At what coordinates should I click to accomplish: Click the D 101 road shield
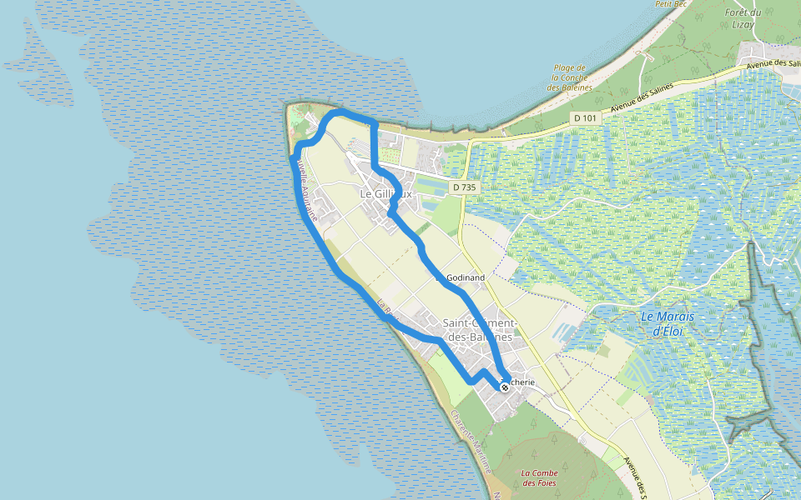tap(586, 118)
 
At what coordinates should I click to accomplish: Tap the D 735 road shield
tap(464, 187)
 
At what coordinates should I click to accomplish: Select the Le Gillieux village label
tap(385, 193)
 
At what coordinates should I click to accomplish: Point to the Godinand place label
tap(466, 277)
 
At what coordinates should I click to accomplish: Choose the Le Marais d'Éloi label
tap(667, 323)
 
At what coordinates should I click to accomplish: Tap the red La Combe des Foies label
tap(539, 477)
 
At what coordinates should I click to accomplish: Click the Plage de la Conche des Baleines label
tap(570, 77)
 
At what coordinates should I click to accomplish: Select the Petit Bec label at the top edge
tap(669, 4)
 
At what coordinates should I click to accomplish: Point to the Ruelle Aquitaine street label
tap(305, 189)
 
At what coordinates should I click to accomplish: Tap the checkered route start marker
tap(505, 387)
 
